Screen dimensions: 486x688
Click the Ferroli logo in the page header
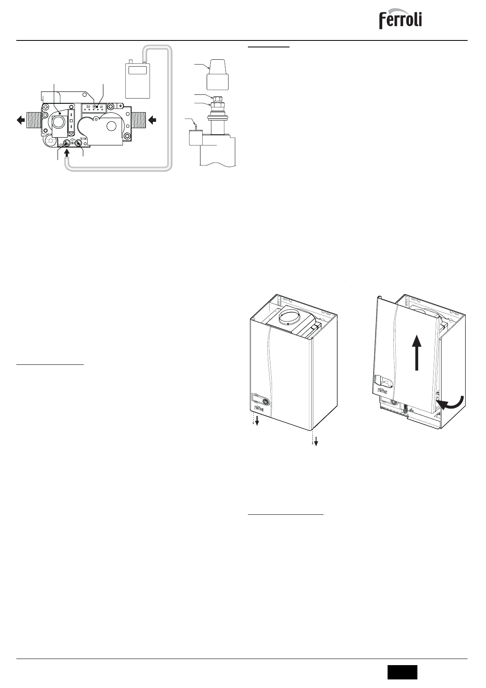[400, 19]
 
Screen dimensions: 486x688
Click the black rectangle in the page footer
[402, 672]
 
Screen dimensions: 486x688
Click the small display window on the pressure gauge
[138, 70]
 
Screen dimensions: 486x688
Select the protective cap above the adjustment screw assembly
[217, 74]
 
